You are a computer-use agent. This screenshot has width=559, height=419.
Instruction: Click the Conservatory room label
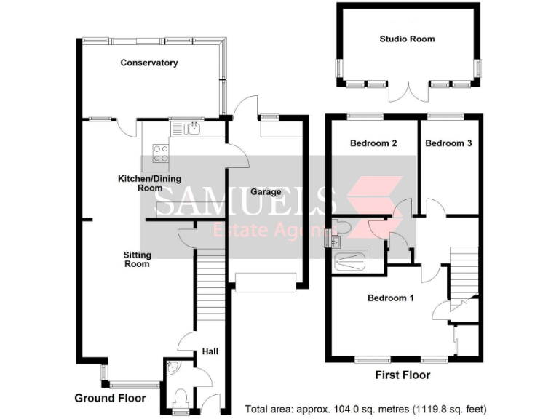click(x=148, y=63)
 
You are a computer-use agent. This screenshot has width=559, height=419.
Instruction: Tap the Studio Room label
click(x=407, y=39)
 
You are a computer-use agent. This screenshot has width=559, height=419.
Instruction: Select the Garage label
click(x=266, y=192)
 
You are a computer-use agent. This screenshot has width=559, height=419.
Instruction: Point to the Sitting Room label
click(x=137, y=259)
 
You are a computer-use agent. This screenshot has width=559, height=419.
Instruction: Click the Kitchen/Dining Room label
click(x=149, y=183)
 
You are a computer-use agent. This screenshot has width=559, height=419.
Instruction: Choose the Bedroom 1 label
click(x=390, y=298)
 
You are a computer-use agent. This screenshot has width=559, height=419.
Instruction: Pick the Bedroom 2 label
click(x=373, y=143)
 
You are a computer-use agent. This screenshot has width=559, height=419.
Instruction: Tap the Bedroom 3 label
click(x=448, y=143)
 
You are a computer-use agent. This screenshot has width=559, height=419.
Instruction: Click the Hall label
click(x=210, y=352)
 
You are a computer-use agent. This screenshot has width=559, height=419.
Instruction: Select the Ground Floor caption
click(x=110, y=398)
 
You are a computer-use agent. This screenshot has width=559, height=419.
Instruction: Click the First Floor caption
click(x=403, y=375)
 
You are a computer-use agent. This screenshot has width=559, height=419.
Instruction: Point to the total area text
click(x=366, y=408)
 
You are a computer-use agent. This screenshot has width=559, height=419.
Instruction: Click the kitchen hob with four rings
click(x=160, y=153)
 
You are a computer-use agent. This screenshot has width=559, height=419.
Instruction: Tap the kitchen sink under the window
click(x=191, y=129)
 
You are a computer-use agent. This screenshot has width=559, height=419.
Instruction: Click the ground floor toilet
click(x=179, y=397)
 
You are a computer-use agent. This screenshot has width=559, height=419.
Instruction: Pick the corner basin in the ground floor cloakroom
click(x=170, y=368)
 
